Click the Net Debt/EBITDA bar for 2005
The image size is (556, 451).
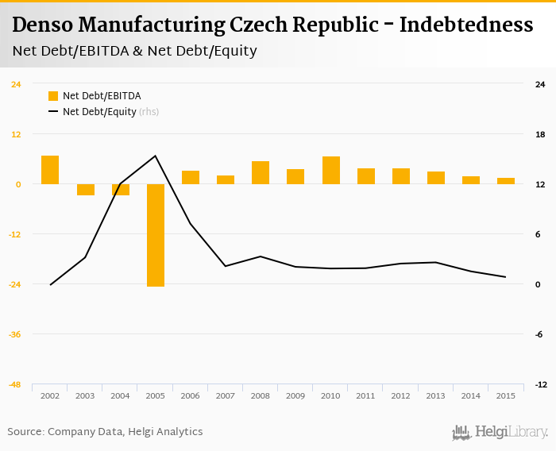point(156,235)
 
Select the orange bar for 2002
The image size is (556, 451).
point(50,170)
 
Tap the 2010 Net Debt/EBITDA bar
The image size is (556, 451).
point(331,171)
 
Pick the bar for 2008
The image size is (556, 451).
point(261,173)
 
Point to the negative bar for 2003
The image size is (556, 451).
point(86,190)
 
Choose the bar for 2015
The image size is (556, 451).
point(506,181)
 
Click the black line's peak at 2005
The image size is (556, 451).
point(156,156)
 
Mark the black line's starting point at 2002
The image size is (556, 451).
point(50,284)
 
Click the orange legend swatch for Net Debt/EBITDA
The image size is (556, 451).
point(53,96)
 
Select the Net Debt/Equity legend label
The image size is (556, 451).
point(99,112)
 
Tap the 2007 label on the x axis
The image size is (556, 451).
point(226,395)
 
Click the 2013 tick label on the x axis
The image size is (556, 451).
point(436,395)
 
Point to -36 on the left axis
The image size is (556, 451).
point(15,334)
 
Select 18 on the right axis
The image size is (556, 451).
point(540,134)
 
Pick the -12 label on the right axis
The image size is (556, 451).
point(540,384)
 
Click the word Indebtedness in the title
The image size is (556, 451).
point(465,25)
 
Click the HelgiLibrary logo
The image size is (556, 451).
point(500,433)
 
